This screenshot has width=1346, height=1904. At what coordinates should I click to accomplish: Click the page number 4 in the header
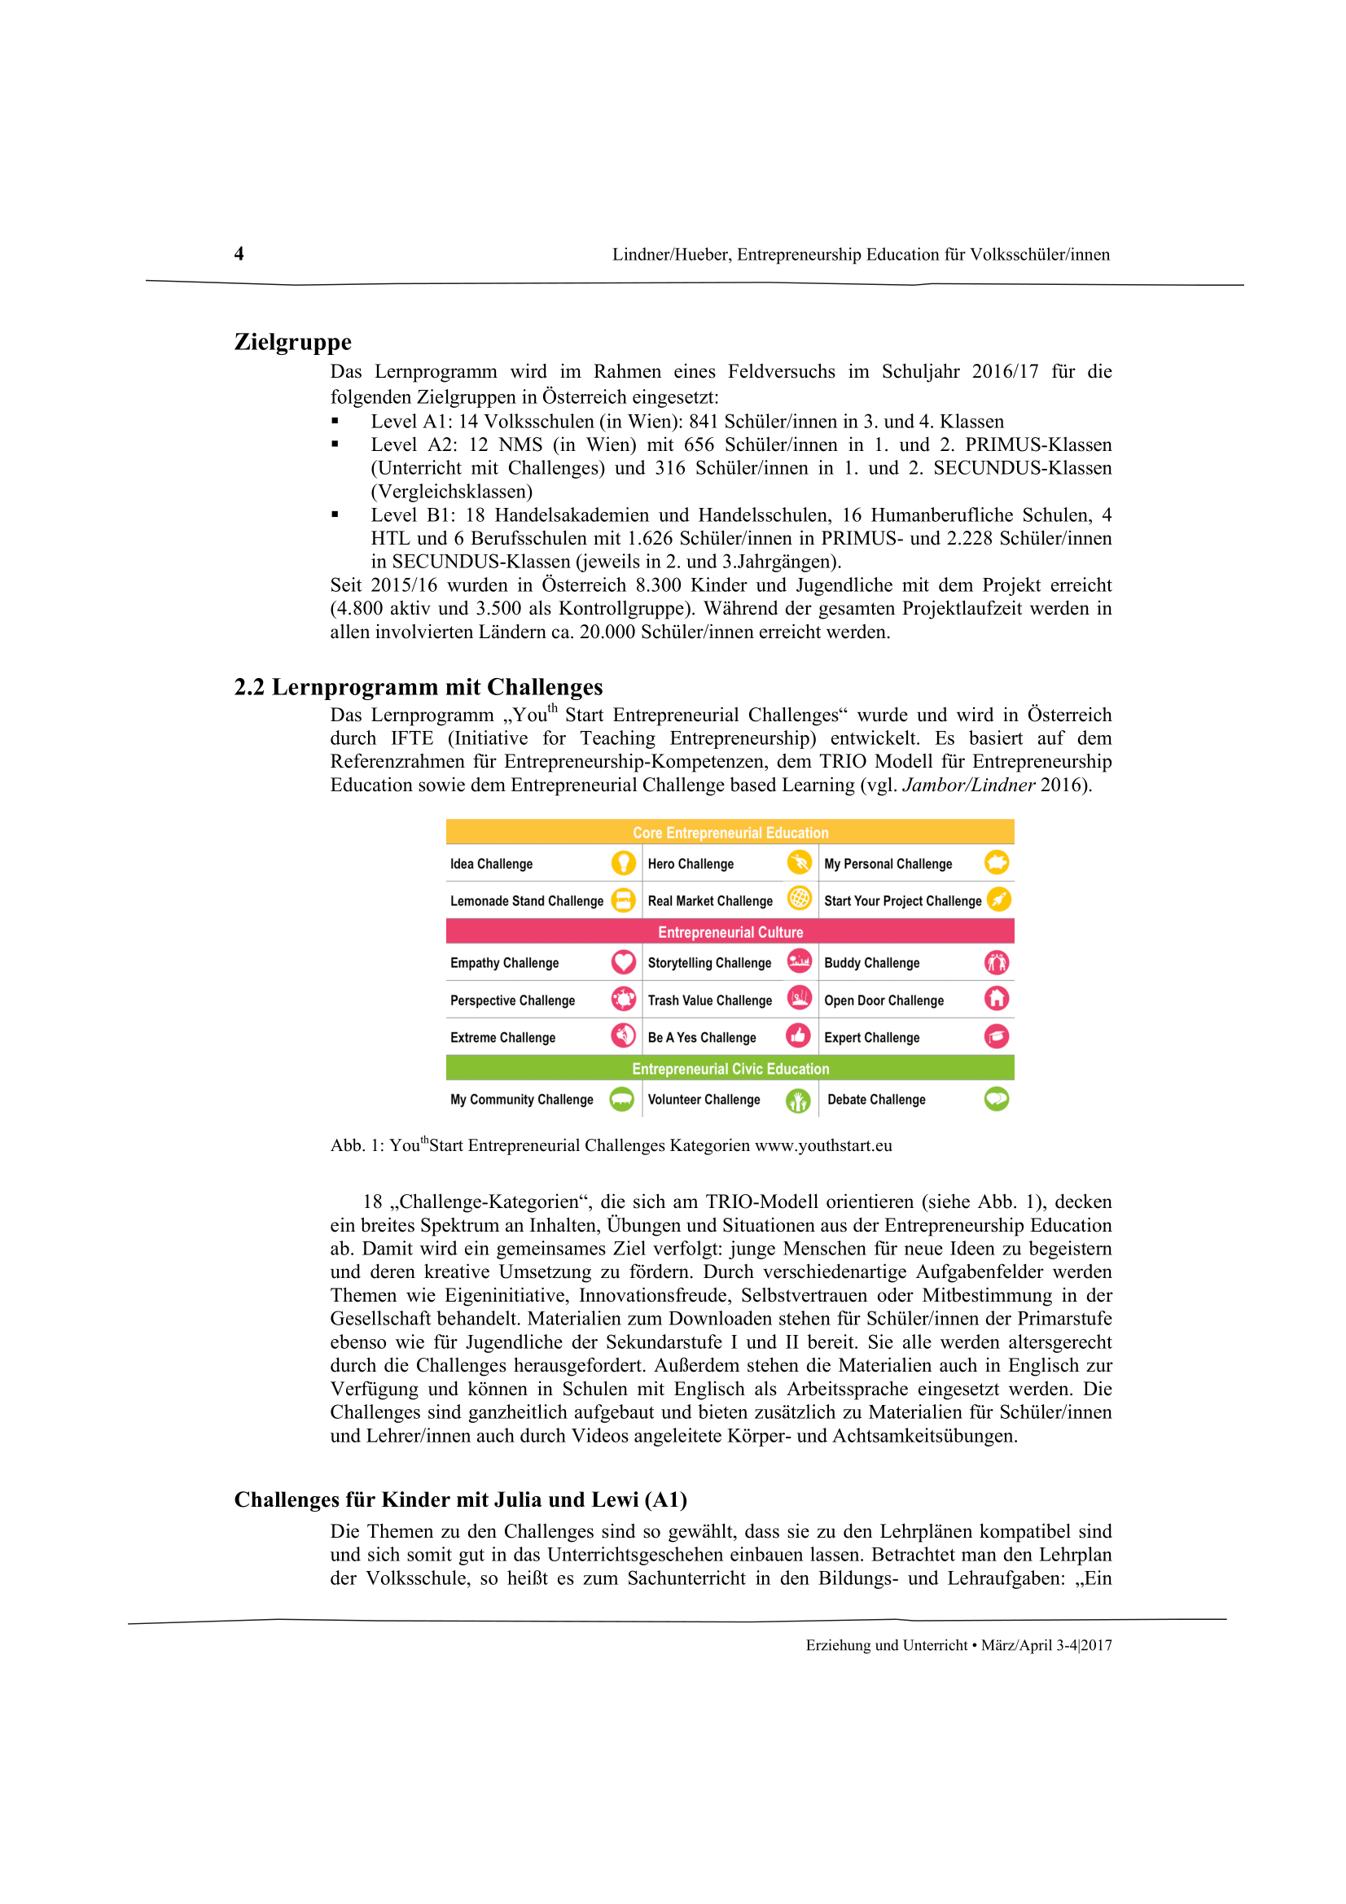click(x=239, y=254)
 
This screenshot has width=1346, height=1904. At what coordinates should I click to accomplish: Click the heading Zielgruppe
click(x=293, y=342)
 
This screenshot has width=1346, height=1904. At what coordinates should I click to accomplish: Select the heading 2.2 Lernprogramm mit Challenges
click(x=418, y=687)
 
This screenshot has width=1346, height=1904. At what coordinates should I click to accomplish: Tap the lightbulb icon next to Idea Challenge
click(x=623, y=862)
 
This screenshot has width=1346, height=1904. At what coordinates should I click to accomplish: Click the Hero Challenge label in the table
click(x=690, y=864)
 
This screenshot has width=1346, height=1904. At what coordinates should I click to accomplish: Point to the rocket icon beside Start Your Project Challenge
click(x=998, y=899)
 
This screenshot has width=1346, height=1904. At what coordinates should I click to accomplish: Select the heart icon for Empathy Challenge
click(x=623, y=962)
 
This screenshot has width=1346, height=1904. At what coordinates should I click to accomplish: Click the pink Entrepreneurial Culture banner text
click(x=730, y=932)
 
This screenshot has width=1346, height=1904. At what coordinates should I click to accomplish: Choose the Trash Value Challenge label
click(x=709, y=1000)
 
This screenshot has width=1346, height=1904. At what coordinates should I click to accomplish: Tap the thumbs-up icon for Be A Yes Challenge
click(x=798, y=1035)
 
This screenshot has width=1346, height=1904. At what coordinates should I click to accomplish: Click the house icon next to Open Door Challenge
click(x=996, y=999)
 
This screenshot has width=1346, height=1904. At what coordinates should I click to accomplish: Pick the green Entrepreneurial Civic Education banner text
click(x=730, y=1069)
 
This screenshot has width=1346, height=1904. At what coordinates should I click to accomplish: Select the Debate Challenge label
click(x=876, y=1100)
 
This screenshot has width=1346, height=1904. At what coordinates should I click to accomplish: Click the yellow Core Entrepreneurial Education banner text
click(x=730, y=833)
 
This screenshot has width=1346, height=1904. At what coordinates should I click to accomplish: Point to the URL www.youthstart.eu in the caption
click(x=822, y=1145)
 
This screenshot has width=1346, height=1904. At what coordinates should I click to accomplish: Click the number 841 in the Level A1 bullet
click(x=704, y=422)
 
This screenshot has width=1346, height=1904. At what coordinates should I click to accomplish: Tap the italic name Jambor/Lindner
click(x=968, y=785)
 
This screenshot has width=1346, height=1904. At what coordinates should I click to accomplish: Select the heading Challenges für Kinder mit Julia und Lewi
click(x=460, y=1499)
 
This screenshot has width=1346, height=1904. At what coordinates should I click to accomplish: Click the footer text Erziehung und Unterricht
click(x=886, y=1645)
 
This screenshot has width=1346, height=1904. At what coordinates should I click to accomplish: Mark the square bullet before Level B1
click(x=335, y=515)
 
